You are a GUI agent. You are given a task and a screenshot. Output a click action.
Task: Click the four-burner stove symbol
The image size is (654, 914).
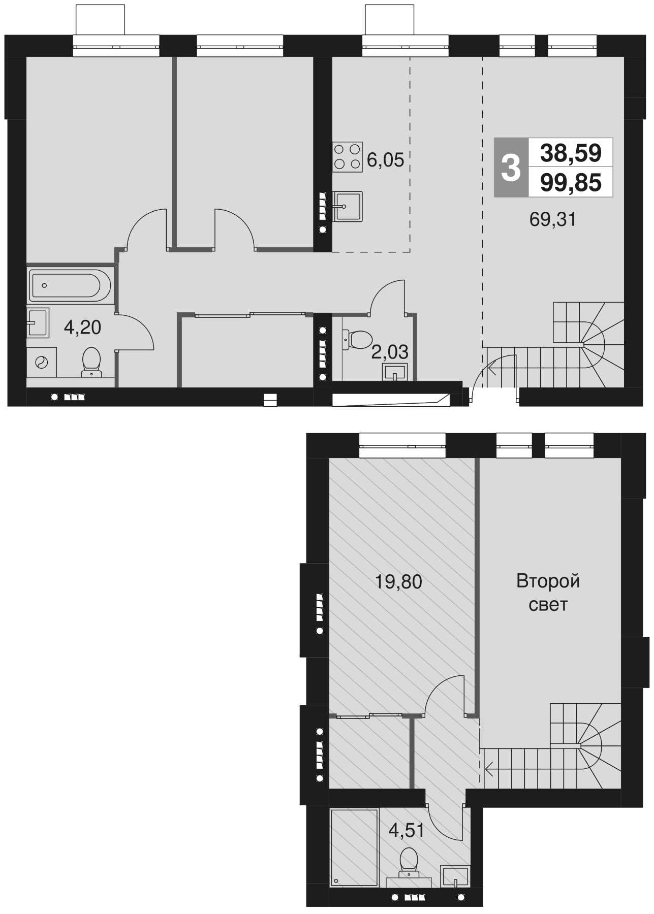pyautogui.click(x=348, y=156)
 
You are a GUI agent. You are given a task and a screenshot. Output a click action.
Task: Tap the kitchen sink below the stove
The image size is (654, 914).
pyautogui.click(x=348, y=206)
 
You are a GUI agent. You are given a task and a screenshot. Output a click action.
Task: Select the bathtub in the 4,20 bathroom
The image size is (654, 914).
pyautogui.click(x=70, y=285)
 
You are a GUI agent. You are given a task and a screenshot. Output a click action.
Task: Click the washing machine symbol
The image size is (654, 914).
pyautogui.click(x=41, y=363)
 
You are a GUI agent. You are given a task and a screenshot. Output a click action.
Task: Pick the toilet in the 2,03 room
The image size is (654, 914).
pyautogui.click(x=358, y=339)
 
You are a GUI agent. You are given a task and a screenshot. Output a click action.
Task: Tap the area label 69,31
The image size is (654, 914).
pyautogui.click(x=552, y=220)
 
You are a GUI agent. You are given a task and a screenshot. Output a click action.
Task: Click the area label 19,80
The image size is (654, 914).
pyautogui.click(x=398, y=582)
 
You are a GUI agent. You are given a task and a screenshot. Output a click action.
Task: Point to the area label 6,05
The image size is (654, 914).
pyautogui.click(x=385, y=160)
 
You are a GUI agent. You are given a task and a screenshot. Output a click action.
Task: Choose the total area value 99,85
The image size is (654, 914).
pyautogui.click(x=571, y=182)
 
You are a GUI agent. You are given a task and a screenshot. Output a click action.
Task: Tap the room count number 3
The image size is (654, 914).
pyautogui.click(x=511, y=168)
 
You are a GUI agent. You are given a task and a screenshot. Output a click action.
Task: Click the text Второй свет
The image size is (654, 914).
pyautogui.click(x=548, y=593)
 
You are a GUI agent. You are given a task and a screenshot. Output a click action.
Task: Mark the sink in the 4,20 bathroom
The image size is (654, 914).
pyautogui.click(x=37, y=322)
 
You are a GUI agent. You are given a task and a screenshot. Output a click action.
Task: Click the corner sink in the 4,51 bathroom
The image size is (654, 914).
pyautogui.click(x=454, y=874)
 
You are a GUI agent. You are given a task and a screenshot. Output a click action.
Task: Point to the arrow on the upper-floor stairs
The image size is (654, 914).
pyautogui.click(x=491, y=770)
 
